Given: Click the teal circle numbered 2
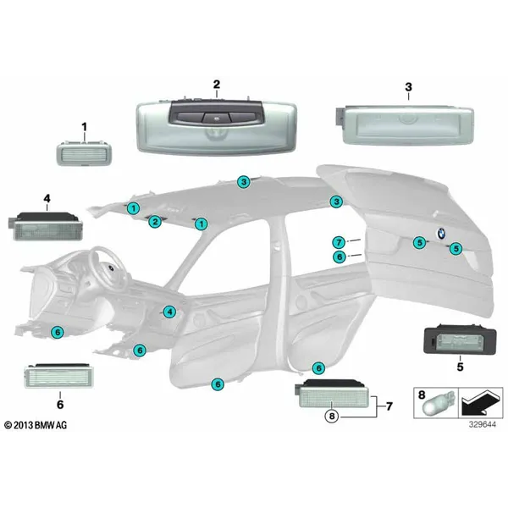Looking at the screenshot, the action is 155,222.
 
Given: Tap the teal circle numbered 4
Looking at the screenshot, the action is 169,312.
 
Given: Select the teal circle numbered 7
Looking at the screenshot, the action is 339,242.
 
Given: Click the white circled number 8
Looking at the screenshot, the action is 331,416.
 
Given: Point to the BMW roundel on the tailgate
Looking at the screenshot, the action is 441,234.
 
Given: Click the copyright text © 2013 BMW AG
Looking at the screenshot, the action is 36,425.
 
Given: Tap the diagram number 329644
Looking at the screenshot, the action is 483,424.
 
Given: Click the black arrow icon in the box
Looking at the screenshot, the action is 480,403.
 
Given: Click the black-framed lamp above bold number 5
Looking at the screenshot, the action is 460,340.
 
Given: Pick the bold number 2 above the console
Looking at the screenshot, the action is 217,85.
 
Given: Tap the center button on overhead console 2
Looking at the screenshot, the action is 215,118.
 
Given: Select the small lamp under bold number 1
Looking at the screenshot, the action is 85,153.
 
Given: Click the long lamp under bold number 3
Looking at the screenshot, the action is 405,124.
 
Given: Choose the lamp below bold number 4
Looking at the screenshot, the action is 45,226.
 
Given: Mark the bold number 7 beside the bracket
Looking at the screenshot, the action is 389,406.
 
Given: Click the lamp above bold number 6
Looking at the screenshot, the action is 58,376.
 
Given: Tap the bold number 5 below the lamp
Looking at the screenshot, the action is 460,367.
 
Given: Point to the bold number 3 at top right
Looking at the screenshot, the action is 409,87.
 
